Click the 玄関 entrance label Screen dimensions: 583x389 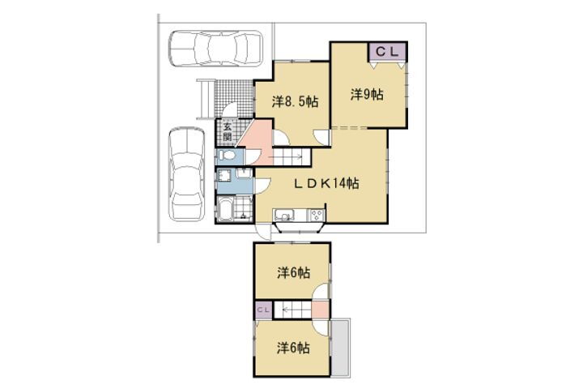(x=228, y=132)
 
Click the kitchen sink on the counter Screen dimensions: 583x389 (x=284, y=216)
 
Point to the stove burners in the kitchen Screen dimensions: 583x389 (x=317, y=215)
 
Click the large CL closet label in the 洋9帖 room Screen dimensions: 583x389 (x=387, y=52)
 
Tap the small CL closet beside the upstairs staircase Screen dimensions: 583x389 (x=264, y=310)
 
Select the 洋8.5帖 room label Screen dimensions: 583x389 (x=296, y=101)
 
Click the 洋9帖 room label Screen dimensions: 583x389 (x=367, y=95)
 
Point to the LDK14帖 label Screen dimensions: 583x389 (x=326, y=183)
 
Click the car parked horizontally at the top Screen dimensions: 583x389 (x=215, y=49)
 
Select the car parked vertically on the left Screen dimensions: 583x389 (x=187, y=174)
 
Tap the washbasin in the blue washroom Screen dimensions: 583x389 (x=245, y=173)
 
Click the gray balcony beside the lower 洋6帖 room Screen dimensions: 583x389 (x=341, y=348)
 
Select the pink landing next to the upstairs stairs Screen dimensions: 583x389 (x=320, y=310)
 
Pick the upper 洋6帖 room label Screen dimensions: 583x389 (x=293, y=273)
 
